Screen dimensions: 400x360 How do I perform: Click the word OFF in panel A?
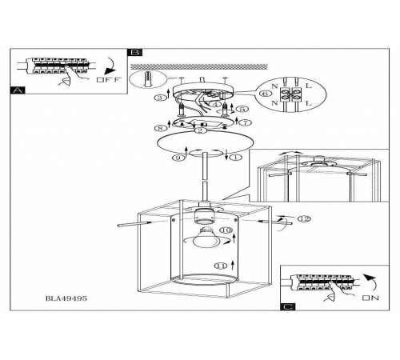(x=109, y=79)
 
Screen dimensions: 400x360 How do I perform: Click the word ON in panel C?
(x=370, y=298)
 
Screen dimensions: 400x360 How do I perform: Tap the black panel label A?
(x=18, y=90)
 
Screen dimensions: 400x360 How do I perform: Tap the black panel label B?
(x=135, y=52)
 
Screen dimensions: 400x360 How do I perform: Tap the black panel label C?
(x=288, y=306)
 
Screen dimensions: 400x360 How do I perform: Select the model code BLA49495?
(x=66, y=298)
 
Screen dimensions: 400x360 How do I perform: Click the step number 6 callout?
(x=265, y=94)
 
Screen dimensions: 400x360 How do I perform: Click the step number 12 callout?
(x=304, y=219)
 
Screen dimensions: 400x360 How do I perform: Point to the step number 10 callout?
(x=226, y=230)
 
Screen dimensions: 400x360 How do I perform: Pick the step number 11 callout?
(x=221, y=266)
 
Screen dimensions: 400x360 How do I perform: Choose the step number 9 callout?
(x=178, y=158)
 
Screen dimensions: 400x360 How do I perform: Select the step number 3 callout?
(x=160, y=98)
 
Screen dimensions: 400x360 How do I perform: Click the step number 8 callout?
(x=161, y=128)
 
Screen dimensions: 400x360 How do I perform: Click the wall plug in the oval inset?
(x=147, y=79)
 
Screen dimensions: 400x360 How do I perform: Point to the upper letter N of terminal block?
(x=274, y=86)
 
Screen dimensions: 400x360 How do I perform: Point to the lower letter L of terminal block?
(x=308, y=103)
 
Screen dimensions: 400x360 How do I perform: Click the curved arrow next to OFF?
(x=110, y=67)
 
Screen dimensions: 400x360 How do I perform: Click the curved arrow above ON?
(x=370, y=283)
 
